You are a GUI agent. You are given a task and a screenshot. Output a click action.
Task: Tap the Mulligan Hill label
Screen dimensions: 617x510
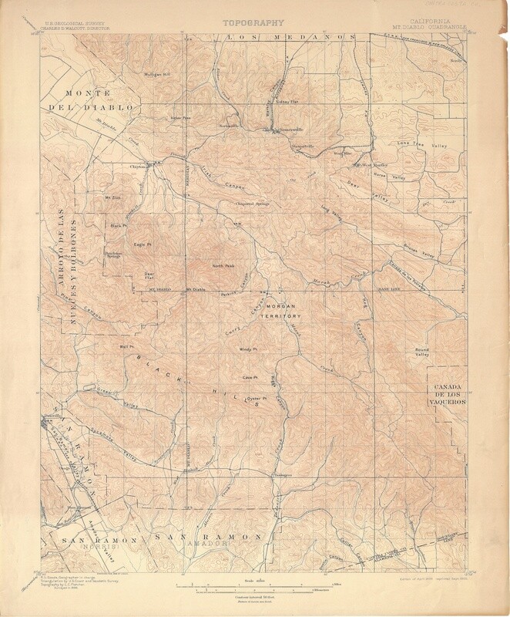coord(157,74)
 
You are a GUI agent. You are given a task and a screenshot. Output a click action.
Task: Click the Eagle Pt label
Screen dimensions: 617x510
coord(140,244)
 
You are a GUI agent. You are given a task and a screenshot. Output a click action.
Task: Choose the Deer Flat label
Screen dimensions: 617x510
coord(150,276)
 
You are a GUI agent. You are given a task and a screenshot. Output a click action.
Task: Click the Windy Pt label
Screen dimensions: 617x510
coord(248,351)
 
